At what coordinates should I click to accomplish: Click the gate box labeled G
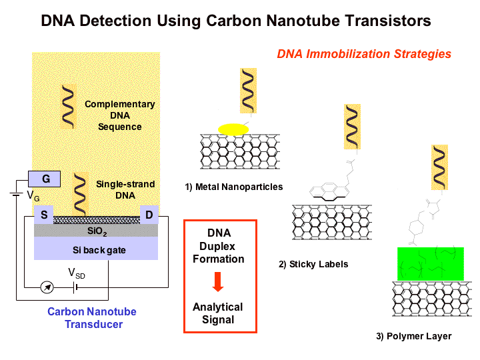coord(45,179)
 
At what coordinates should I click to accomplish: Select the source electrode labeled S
coord(43,215)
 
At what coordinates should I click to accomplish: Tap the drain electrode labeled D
coord(148,215)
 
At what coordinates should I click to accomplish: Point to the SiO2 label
coord(96,230)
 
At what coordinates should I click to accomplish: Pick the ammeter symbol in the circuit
coord(46,287)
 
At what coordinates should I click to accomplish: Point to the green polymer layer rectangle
coord(429,263)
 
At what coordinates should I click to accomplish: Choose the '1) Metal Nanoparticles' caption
coord(234,187)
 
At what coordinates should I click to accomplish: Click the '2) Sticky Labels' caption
coord(313,264)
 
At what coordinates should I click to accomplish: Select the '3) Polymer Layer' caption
coord(413,336)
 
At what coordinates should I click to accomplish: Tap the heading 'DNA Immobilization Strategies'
coord(364,54)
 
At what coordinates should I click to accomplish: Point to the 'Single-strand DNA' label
coord(125,189)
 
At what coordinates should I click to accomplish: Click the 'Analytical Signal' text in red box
coord(218,313)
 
